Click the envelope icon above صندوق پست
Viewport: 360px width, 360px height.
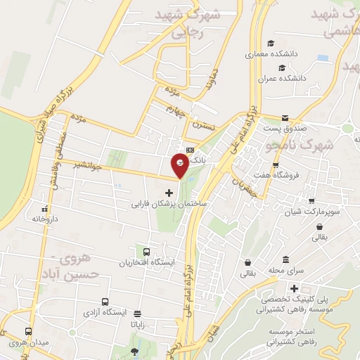click(285, 118)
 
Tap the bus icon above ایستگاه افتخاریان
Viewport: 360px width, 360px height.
click(147, 252)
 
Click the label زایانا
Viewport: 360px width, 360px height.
click(136, 326)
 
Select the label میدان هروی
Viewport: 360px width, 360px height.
click(26, 343)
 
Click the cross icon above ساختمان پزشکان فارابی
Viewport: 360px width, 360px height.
click(168, 193)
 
